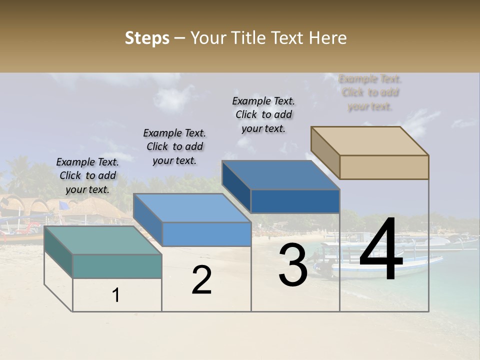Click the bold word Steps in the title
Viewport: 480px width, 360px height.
(x=147, y=38)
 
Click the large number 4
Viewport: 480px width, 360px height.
(x=381, y=250)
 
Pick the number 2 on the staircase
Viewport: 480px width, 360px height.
(x=201, y=280)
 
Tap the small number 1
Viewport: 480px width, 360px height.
(x=115, y=295)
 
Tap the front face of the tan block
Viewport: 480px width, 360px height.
(x=384, y=167)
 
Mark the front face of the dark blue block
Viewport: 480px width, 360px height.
(x=295, y=201)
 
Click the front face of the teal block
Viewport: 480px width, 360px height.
(x=117, y=266)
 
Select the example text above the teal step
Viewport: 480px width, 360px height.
(x=87, y=175)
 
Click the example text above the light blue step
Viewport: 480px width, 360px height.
(x=174, y=146)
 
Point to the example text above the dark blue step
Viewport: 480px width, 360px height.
(x=263, y=114)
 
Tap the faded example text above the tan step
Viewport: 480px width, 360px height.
(x=370, y=92)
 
